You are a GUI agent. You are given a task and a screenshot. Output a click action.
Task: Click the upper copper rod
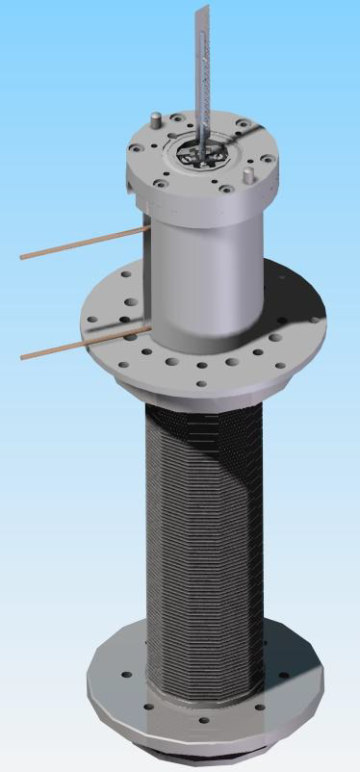(x=82, y=243)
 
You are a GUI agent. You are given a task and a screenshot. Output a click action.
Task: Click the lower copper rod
(x=82, y=343)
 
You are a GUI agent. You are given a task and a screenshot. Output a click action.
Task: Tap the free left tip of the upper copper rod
(x=22, y=257)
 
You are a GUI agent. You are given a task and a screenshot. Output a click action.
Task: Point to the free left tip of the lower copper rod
(x=22, y=357)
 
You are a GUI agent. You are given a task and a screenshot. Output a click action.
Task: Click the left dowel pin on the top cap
(x=154, y=118)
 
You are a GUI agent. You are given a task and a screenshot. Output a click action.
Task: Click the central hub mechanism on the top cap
(x=199, y=153)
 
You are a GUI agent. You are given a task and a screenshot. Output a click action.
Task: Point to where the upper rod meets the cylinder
(x=143, y=229)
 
